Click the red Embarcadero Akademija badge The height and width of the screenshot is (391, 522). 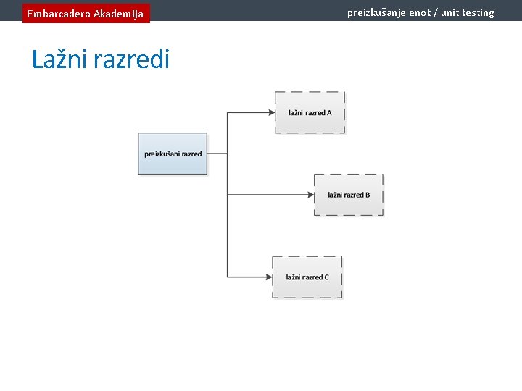pyautogui.click(x=86, y=13)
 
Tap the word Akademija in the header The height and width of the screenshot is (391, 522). pyautogui.click(x=118, y=14)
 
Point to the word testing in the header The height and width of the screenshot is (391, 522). pyautogui.click(x=476, y=12)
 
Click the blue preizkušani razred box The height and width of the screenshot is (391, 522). pyautogui.click(x=173, y=154)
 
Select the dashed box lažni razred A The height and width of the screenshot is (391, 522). pyautogui.click(x=310, y=112)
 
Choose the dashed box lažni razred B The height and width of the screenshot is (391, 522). pyautogui.click(x=349, y=195)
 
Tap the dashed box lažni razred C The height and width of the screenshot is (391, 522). pyautogui.click(x=307, y=277)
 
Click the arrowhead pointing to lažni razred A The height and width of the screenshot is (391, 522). pyautogui.click(x=271, y=112)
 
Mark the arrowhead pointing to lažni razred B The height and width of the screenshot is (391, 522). pyautogui.click(x=310, y=195)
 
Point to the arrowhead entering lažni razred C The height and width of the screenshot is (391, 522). pyautogui.click(x=269, y=277)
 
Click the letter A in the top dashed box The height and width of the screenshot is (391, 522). pyautogui.click(x=329, y=113)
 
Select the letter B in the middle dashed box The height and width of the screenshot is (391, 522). pyautogui.click(x=368, y=195)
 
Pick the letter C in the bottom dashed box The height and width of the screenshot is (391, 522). pyautogui.click(x=326, y=277)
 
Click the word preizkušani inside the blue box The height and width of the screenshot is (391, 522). pyautogui.click(x=162, y=154)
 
